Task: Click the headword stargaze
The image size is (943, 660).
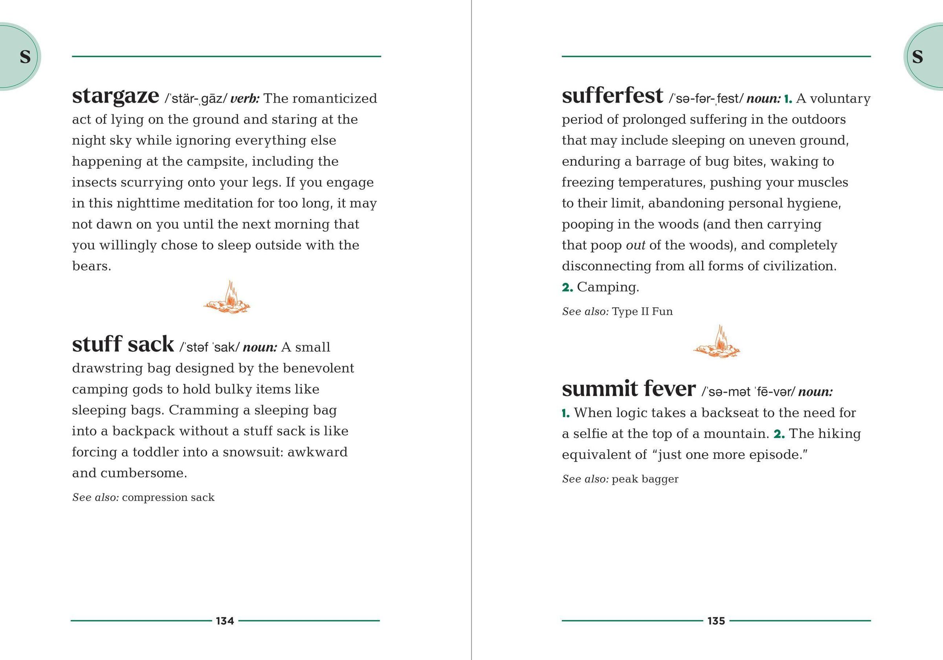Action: pos(116,96)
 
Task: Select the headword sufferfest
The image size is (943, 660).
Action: pos(612,96)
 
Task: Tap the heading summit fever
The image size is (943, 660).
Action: pos(628,389)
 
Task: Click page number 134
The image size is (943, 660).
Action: pos(225,621)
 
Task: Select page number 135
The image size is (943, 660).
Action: pos(716,621)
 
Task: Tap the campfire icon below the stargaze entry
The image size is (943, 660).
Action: pos(227,299)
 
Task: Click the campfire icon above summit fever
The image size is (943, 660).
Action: pos(717,343)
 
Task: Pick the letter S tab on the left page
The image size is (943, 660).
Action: pos(25,56)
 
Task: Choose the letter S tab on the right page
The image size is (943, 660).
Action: pos(917,56)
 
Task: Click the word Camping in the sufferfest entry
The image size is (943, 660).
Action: pos(608,287)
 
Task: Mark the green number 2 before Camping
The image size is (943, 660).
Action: pos(567,287)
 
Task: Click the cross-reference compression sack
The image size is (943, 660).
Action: pos(169,497)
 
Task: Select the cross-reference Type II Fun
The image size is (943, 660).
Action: pos(642,311)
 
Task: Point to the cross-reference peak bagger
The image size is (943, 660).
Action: pos(645,479)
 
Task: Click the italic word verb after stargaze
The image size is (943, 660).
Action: pos(245,99)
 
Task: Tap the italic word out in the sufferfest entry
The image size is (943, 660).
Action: pos(635,245)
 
